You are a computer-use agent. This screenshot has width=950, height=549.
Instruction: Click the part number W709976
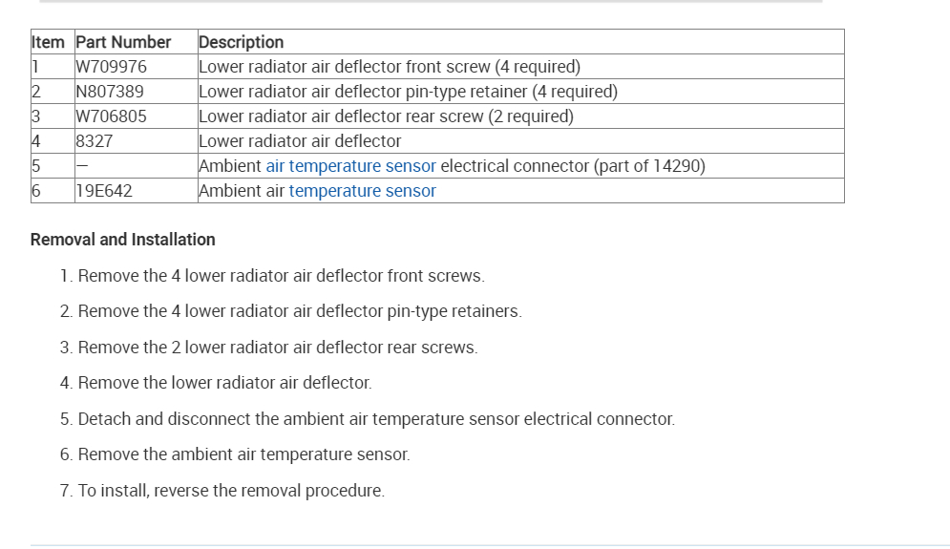click(x=111, y=67)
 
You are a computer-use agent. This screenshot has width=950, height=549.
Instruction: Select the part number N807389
click(x=110, y=92)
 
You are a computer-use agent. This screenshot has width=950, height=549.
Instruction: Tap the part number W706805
click(x=111, y=116)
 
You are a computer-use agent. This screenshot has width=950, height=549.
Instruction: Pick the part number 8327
click(x=94, y=141)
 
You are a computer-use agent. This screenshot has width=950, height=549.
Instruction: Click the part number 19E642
click(x=103, y=191)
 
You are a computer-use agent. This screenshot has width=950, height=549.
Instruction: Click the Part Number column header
click(x=123, y=42)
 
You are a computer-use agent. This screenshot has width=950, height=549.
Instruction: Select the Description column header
click(x=241, y=42)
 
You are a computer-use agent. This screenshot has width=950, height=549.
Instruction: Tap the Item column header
click(x=48, y=42)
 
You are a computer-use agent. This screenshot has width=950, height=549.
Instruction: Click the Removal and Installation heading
click(x=122, y=240)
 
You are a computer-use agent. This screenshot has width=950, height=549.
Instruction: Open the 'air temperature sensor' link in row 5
click(x=350, y=166)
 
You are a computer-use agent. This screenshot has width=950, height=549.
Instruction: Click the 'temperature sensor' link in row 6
click(x=362, y=191)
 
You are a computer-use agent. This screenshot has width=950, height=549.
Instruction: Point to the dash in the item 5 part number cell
click(x=81, y=166)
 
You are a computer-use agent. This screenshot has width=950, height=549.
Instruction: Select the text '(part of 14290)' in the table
click(x=649, y=166)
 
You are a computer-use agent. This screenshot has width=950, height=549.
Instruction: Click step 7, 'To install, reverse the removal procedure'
click(x=222, y=491)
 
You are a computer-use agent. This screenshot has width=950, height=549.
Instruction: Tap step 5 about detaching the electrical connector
click(x=367, y=419)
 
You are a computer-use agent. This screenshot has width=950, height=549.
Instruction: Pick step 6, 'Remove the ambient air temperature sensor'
click(x=235, y=454)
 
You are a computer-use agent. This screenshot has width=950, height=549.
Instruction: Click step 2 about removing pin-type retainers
click(x=290, y=311)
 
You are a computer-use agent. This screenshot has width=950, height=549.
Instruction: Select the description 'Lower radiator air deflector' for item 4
click(x=300, y=141)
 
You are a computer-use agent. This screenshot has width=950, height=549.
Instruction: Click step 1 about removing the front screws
click(x=272, y=276)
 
